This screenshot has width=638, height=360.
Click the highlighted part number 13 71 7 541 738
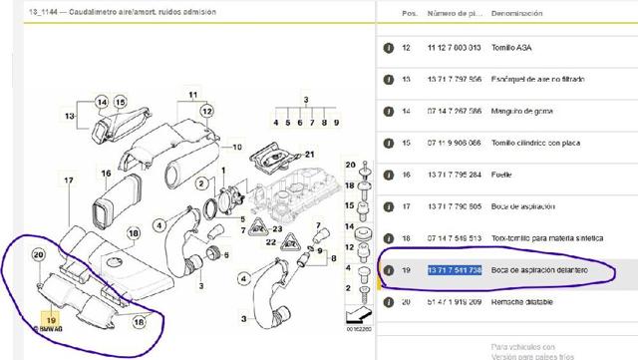456,270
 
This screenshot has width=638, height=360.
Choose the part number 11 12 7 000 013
456,47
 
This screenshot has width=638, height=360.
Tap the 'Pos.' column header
409,13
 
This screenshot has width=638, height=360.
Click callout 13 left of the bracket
69,116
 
